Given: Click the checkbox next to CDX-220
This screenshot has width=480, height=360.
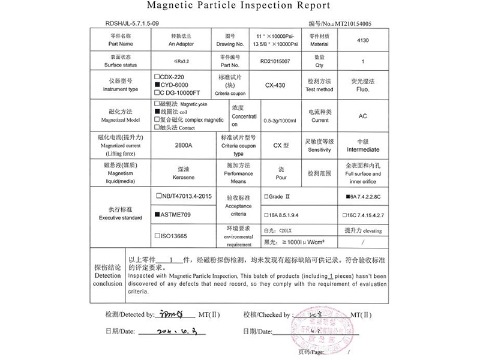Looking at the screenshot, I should [157, 77].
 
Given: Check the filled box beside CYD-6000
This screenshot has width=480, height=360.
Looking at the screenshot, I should [157, 85].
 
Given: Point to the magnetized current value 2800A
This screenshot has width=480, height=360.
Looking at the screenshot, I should [184, 145].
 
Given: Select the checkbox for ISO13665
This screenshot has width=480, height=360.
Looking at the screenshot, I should [157, 236].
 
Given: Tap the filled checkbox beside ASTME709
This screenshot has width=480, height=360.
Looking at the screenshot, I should [157, 214].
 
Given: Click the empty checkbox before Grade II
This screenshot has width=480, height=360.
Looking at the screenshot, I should [266, 197].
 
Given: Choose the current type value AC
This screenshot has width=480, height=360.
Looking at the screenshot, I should [362, 116].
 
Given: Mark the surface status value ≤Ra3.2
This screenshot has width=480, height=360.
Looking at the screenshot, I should [183, 61].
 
